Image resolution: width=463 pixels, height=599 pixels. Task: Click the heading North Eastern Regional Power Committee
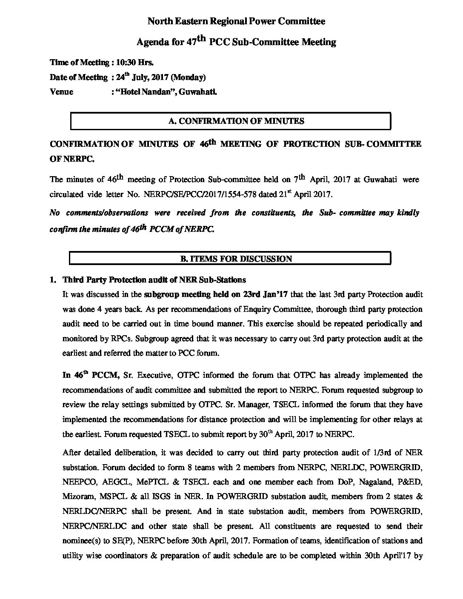click(236, 21)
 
